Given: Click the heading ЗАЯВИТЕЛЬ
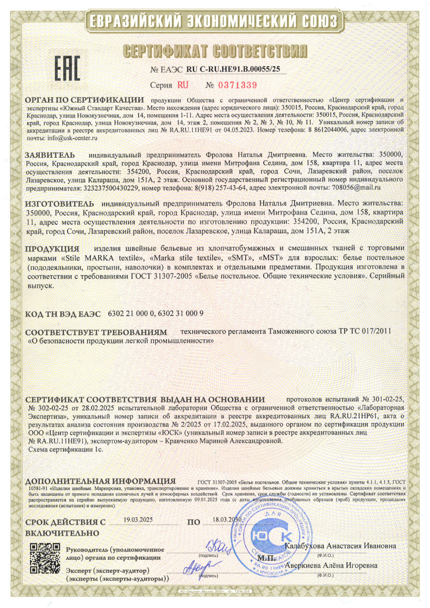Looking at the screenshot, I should [50, 155].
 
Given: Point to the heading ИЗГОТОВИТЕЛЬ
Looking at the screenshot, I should [60, 202].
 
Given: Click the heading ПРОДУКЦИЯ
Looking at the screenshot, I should [52, 247].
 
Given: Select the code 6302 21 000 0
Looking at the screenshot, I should [131, 314].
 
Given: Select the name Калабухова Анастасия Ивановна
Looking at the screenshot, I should [340, 546].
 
